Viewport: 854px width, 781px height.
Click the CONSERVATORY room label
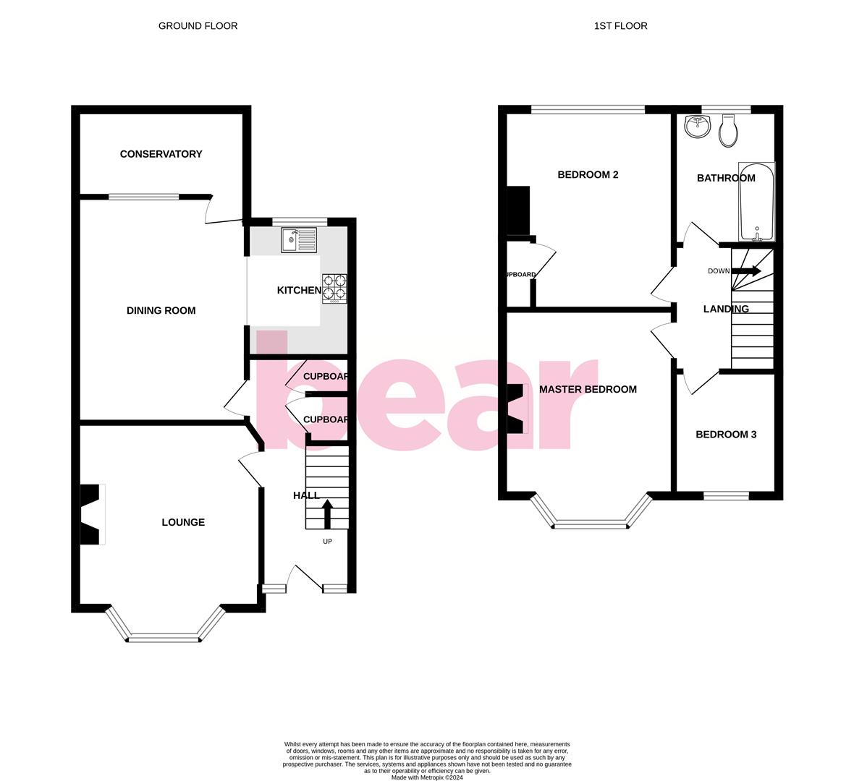point(161,154)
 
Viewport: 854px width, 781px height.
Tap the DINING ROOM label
point(161,311)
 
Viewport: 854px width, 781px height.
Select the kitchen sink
point(299,239)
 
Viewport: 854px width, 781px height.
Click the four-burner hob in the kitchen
point(334,287)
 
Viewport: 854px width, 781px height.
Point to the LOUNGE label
point(183,522)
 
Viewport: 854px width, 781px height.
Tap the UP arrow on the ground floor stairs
point(327,514)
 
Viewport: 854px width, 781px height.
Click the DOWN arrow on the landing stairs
point(746,271)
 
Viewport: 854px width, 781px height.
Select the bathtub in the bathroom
point(756,202)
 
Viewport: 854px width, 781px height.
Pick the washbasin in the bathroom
point(698,127)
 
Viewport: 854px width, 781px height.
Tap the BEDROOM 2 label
point(588,175)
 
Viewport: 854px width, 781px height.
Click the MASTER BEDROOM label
point(588,390)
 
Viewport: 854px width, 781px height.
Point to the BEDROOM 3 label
point(726,435)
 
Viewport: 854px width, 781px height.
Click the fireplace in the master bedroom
point(516,409)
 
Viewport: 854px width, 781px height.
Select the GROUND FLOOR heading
point(198,26)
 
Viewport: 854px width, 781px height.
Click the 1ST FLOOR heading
point(620,26)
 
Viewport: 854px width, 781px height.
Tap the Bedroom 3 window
point(727,495)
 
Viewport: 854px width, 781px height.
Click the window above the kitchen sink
point(300,222)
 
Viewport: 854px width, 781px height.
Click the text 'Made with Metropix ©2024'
point(427,777)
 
